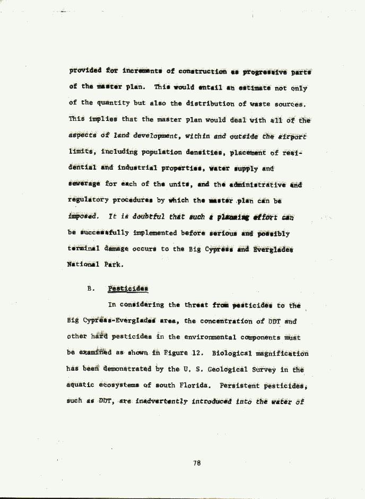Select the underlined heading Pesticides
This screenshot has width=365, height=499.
click(128, 289)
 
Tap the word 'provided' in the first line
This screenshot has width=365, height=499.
click(85, 71)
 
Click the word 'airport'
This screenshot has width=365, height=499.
click(291, 136)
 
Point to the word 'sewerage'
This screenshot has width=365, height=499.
click(84, 185)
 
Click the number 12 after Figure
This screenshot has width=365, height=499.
click(196, 353)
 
